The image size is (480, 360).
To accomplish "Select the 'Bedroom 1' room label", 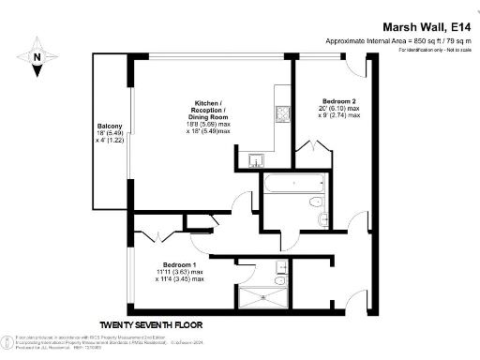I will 180,264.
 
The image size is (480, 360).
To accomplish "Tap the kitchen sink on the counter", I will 257,160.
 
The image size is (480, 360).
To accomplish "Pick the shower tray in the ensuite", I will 263,298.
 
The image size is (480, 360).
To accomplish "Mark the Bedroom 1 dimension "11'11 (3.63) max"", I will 180,272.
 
